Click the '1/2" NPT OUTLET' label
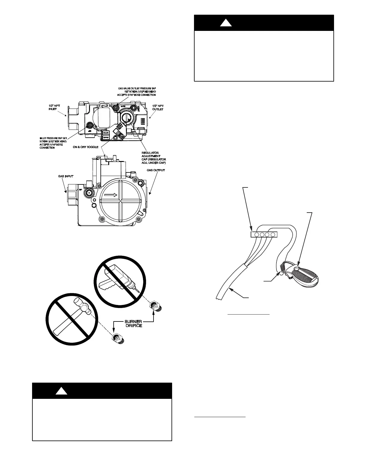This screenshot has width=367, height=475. click(158, 107)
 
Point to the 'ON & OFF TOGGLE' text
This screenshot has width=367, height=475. click(85, 147)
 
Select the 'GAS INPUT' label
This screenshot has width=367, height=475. click(66, 176)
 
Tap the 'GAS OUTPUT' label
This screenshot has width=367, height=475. click(156, 170)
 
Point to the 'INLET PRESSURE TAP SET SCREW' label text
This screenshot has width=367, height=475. click(51, 143)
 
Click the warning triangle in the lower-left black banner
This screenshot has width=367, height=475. click(62, 391)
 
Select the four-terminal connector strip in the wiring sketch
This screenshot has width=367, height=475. click(264, 235)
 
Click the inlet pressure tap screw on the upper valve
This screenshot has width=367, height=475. click(89, 125)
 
